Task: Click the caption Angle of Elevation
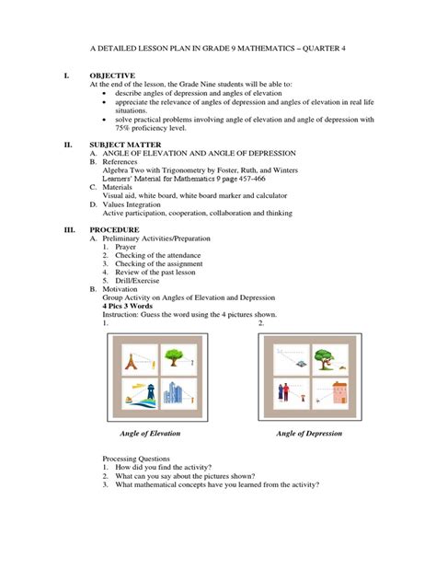point(150,433)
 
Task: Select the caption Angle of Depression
point(309,433)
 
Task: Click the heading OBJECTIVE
point(112,76)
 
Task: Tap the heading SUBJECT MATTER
point(127,145)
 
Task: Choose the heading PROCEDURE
point(114,228)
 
